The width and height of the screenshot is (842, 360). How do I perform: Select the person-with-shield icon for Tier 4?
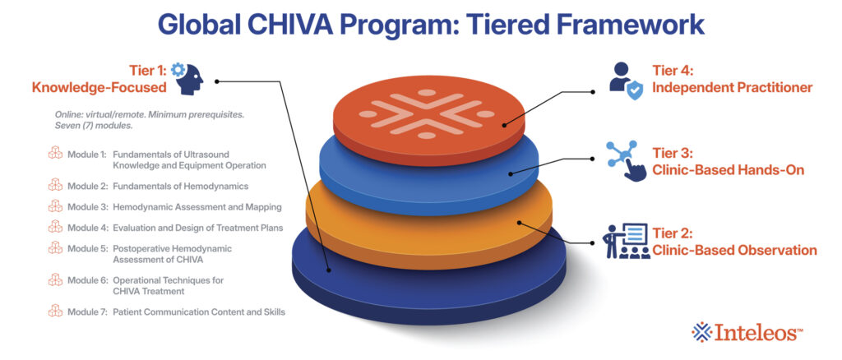point(626,81)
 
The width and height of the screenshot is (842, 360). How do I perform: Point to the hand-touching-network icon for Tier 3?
point(626,160)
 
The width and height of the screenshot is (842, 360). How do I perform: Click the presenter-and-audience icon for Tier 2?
point(626,241)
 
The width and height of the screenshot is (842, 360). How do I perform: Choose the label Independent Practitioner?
point(732,87)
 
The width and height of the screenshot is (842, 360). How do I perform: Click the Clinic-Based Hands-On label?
point(729,170)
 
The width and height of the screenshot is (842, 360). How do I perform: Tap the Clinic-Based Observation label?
point(734,250)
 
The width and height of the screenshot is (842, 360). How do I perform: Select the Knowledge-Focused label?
point(99,87)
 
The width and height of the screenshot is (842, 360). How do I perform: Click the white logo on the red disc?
point(427,114)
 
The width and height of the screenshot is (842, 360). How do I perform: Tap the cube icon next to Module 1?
point(55,154)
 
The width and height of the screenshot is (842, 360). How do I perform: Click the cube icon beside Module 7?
point(55,311)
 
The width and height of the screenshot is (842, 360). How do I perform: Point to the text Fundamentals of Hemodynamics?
point(180,187)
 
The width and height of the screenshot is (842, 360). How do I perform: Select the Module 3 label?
point(86,206)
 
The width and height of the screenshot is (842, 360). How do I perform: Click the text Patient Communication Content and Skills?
point(199,312)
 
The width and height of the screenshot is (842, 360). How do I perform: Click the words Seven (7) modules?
point(94,126)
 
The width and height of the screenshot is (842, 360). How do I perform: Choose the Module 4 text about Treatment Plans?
point(197,228)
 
